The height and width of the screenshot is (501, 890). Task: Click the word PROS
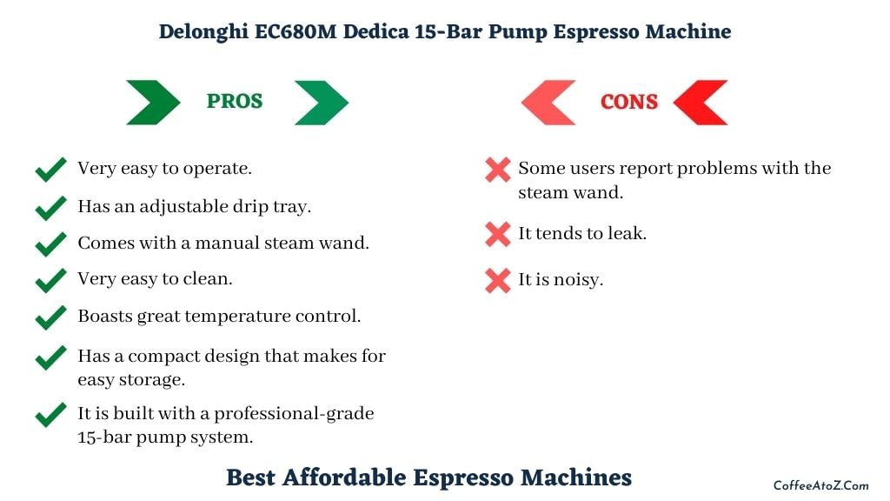(235, 101)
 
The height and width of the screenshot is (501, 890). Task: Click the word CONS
(629, 103)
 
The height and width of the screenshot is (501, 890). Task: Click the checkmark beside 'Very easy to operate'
(50, 170)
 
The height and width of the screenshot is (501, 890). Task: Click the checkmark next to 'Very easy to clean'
(50, 280)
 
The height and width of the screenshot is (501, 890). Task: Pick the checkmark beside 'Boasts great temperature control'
(50, 317)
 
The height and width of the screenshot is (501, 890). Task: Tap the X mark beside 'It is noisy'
(498, 281)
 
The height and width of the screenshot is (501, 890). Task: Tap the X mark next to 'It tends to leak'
(498, 235)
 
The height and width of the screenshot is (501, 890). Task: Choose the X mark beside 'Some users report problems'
(498, 170)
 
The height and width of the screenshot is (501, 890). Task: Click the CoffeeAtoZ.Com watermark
(820, 485)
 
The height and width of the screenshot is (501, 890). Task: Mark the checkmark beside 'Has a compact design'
(50, 357)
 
